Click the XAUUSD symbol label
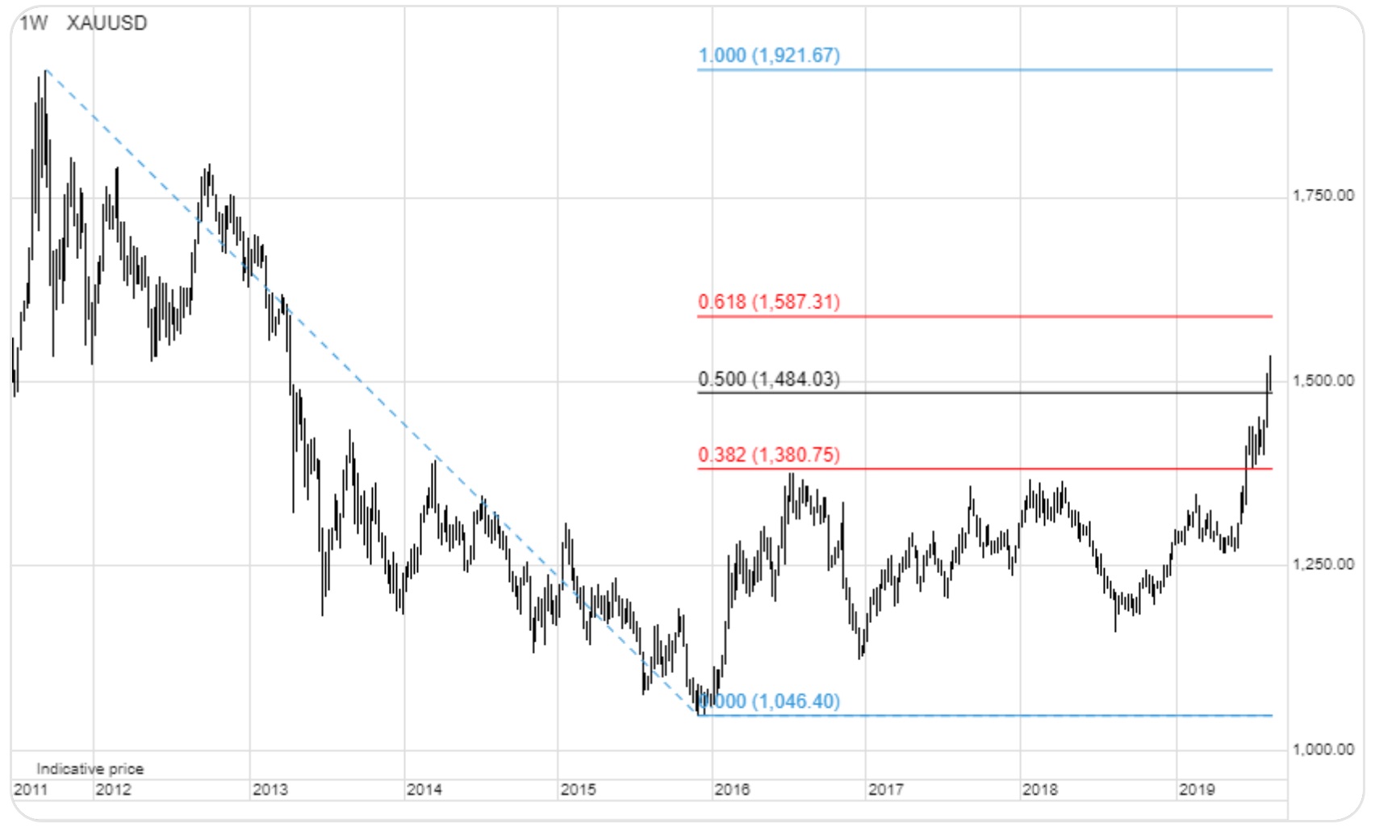point(107,23)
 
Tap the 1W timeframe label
point(33,23)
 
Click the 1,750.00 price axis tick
point(1323,195)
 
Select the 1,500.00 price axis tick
point(1323,380)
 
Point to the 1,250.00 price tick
point(1323,564)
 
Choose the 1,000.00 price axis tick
point(1323,749)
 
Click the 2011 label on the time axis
point(31,789)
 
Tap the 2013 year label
point(270,789)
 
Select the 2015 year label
point(578,789)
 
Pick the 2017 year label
point(885,789)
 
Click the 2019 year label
point(1196,789)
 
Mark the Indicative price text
point(90,768)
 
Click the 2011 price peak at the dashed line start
point(45,72)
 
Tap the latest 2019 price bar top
point(1270,357)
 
